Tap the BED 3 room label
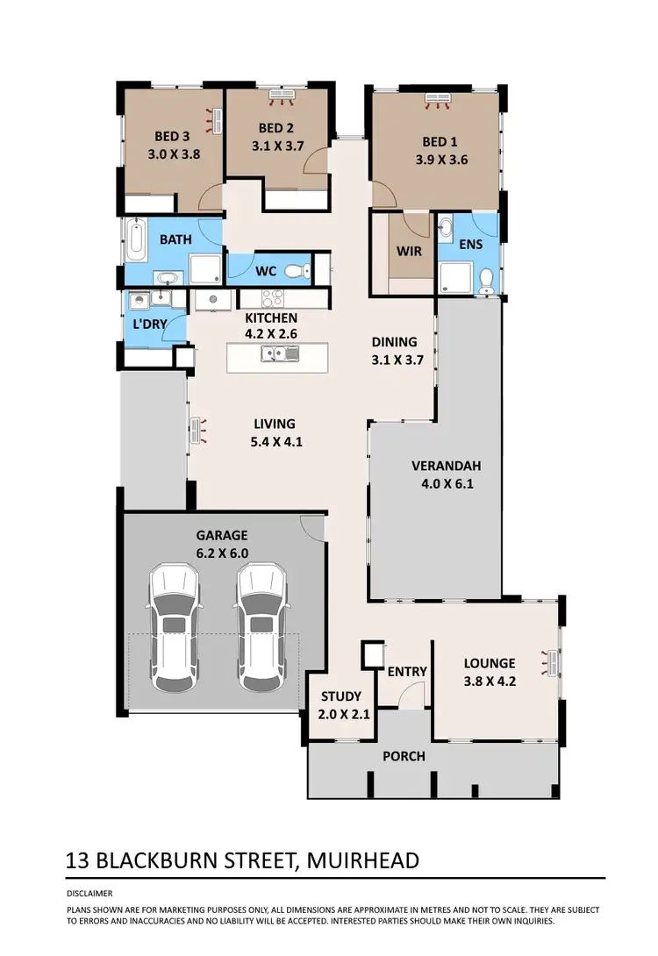pos(172,136)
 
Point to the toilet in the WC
pos(301,270)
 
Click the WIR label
pos(409,252)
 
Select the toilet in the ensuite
pos(487,280)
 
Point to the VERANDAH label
pos(446,466)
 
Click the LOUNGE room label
pos(490,663)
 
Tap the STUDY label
pos(341,696)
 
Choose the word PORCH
pos(404,756)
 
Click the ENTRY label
pos(407,672)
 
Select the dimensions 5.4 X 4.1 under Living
pos(275,442)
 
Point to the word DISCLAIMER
pos(89,893)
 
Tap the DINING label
pos(394,342)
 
